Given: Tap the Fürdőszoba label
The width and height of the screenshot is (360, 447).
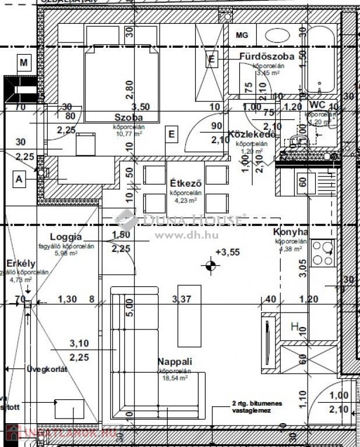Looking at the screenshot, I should (266, 56).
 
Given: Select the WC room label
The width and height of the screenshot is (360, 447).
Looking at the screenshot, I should (317, 104).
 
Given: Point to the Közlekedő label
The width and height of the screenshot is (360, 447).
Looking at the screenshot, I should (248, 134).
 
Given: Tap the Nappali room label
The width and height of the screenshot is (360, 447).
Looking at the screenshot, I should (174, 361).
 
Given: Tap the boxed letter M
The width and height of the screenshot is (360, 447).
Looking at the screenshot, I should (24, 62).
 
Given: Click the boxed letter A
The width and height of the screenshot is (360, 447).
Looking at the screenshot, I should (19, 180).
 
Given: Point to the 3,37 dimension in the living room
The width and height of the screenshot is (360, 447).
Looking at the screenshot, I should (182, 299).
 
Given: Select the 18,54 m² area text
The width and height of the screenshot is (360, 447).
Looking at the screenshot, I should (174, 378).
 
